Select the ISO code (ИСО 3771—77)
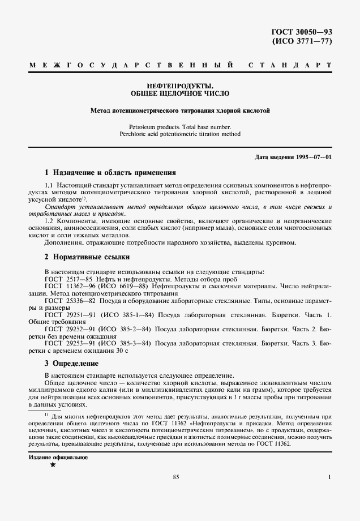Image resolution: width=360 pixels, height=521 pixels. click(301, 42)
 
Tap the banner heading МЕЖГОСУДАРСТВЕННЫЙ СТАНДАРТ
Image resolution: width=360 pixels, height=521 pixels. click(180, 67)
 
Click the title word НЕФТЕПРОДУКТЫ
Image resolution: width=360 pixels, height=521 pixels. click(180, 85)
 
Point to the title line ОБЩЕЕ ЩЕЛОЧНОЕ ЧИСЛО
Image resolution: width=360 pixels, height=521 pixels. click(180, 92)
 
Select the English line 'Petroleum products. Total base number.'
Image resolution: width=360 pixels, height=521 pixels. click(180, 127)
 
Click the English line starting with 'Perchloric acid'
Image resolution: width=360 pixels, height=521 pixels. click(180, 135)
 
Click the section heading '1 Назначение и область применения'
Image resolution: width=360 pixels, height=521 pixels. click(110, 172)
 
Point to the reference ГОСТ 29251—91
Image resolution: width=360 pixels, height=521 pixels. click(67, 314)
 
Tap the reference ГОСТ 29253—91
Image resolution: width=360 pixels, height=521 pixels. click(67, 343)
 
